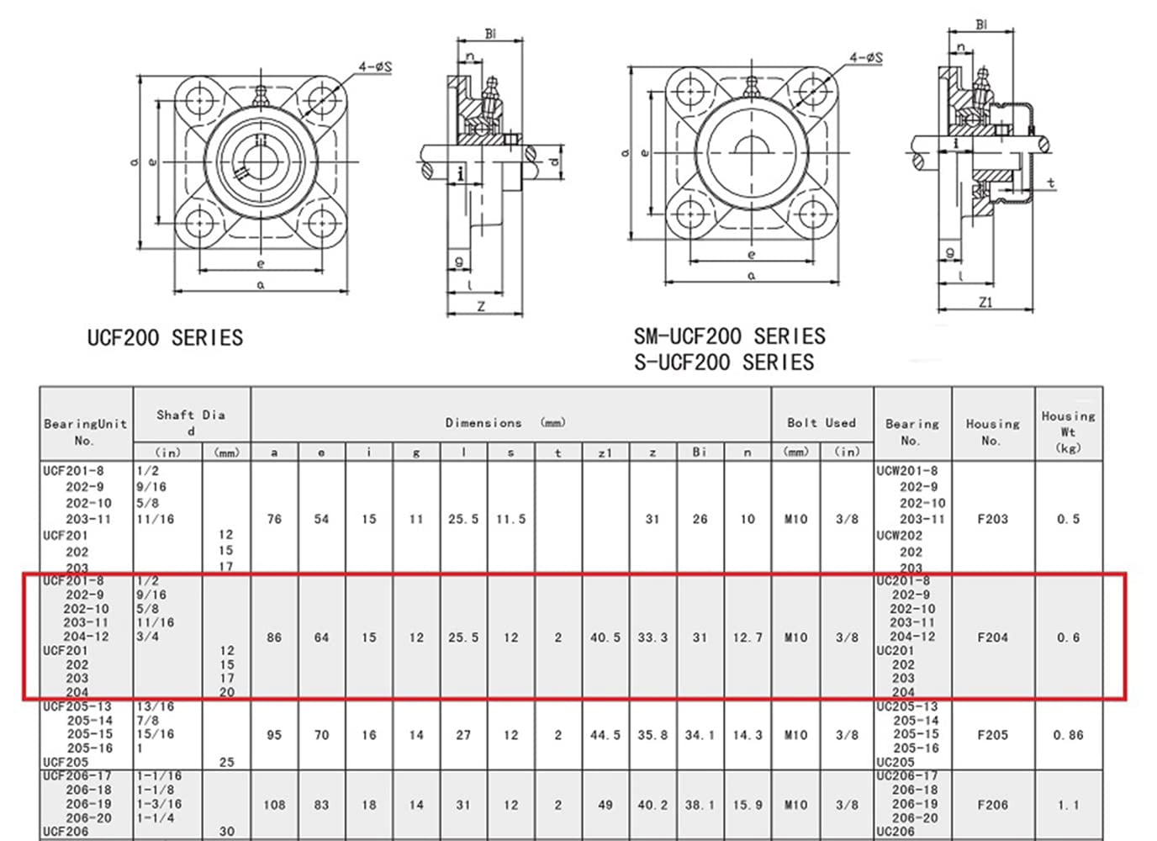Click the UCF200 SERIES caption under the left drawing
[165, 338]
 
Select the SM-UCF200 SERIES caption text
[729, 336]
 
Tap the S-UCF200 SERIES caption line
[723, 362]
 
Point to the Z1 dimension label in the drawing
[985, 302]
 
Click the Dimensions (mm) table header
[505, 423]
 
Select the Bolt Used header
[821, 423]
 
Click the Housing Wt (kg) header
[1068, 431]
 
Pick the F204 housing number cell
[992, 637]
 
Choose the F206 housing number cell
[992, 805]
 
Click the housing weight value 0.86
[1068, 735]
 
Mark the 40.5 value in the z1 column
[605, 637]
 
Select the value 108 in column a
[274, 805]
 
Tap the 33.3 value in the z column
[652, 637]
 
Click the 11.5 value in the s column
[510, 519]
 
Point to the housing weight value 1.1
[1068, 805]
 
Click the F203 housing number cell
[992, 519]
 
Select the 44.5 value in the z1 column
[605, 735]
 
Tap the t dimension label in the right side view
[1051, 182]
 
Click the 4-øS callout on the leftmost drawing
[374, 66]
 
